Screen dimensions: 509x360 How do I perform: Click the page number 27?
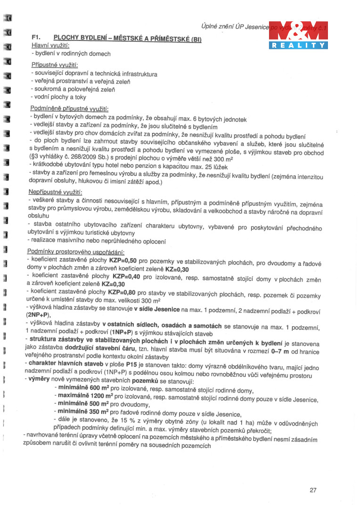click(x=313, y=490)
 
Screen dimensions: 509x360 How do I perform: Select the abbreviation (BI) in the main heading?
click(x=194, y=40)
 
